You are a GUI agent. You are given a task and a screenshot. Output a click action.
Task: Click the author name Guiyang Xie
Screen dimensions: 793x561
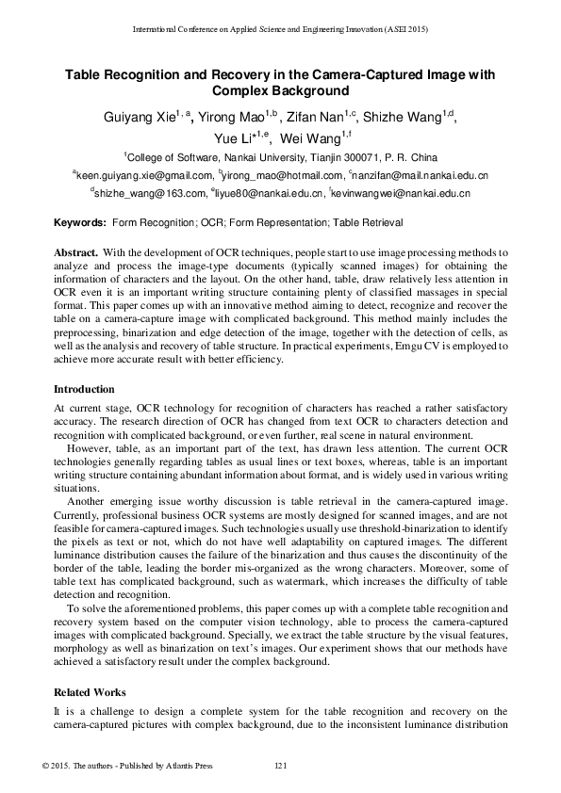(138, 117)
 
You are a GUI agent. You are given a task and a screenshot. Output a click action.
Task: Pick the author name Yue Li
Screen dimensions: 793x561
(231, 139)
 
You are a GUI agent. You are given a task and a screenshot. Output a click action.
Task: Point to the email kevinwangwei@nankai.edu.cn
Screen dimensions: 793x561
(401, 193)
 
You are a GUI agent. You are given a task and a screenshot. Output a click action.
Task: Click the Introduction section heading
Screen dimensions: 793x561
(84, 389)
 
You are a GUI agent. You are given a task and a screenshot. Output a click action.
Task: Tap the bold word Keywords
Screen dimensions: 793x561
(79, 223)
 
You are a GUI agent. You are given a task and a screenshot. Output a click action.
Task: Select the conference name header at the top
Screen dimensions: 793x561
(280, 30)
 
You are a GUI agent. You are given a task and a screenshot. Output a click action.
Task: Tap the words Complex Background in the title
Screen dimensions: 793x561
(280, 91)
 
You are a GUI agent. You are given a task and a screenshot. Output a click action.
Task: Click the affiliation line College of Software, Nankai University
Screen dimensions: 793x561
(280, 157)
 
